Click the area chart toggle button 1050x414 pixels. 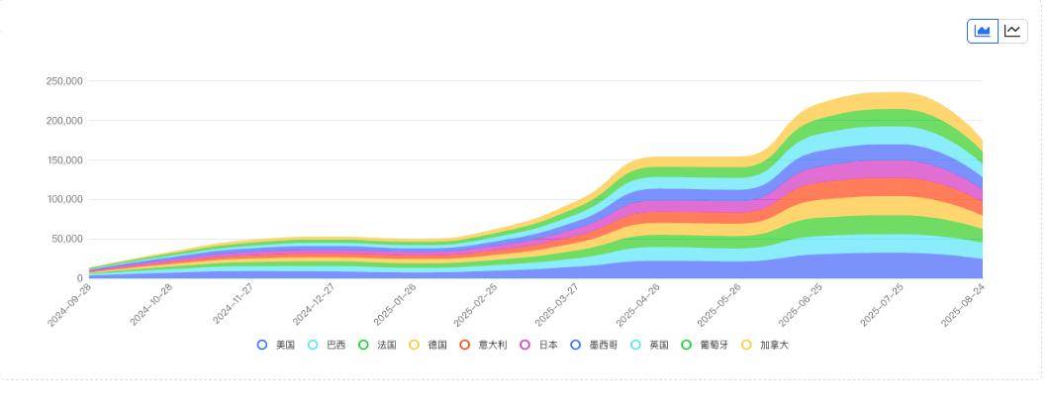(983, 31)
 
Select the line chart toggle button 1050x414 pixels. (1012, 31)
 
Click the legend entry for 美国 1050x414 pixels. (276, 345)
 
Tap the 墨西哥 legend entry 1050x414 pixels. (594, 345)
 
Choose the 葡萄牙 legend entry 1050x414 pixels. (705, 345)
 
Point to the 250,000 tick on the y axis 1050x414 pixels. (64, 81)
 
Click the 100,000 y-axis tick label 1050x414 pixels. (64, 200)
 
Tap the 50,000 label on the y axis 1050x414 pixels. (67, 240)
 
